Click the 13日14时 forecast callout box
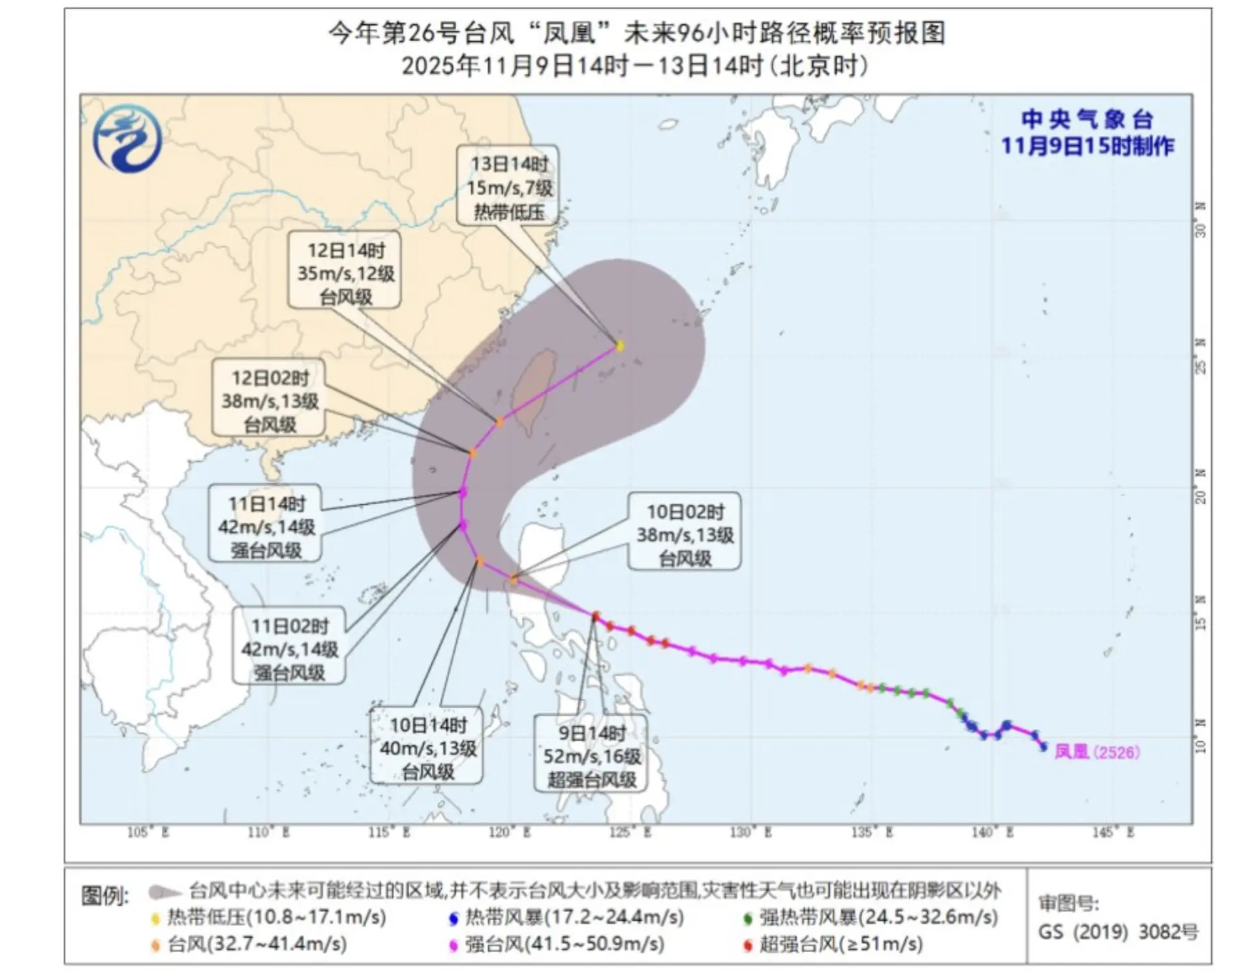point(508,187)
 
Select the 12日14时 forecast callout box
point(345,272)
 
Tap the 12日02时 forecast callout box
point(270,400)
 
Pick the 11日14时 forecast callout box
point(266,526)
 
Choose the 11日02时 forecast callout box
point(289,649)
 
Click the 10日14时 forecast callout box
point(427,747)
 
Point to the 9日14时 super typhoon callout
point(591,756)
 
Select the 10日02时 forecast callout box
point(685,534)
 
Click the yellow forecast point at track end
point(620,345)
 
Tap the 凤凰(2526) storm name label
point(1097,752)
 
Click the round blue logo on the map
point(127,138)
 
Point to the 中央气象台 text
point(1087,120)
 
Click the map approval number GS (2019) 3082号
point(1118,932)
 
